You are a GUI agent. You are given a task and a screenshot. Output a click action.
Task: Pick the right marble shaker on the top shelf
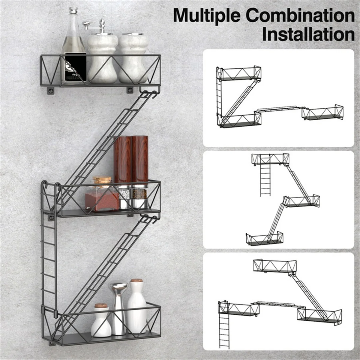pyautogui.click(x=133, y=58)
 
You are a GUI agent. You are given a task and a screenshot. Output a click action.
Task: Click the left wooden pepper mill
pyautogui.click(x=123, y=172)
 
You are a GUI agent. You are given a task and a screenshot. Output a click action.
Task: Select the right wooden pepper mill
pyautogui.click(x=139, y=172)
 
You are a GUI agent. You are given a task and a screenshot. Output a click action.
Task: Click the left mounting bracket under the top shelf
pyautogui.click(x=51, y=91)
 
